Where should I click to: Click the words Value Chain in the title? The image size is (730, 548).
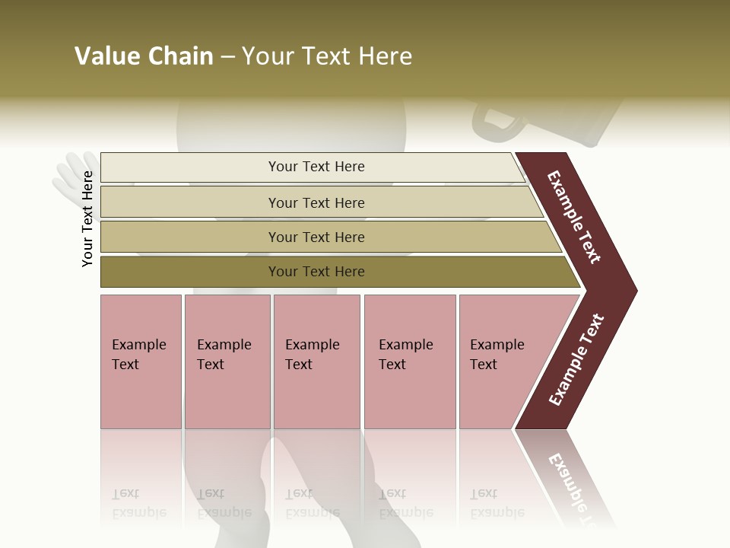click(x=144, y=56)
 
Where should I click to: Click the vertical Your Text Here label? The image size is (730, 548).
click(x=87, y=218)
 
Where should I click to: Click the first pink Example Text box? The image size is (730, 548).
click(x=141, y=362)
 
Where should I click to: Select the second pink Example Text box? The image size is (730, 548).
click(x=227, y=362)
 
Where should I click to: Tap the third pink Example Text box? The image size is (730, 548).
click(x=316, y=362)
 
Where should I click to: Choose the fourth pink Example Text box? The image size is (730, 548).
click(x=410, y=362)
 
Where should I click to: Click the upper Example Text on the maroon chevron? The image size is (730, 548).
click(x=574, y=217)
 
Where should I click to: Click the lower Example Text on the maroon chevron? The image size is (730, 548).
click(x=576, y=359)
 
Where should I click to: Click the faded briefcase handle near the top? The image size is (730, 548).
click(x=494, y=122)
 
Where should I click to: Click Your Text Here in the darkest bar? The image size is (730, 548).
click(x=316, y=272)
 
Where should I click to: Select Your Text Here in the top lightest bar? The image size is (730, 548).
click(x=316, y=167)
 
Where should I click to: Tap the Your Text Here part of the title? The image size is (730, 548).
click(x=327, y=56)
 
